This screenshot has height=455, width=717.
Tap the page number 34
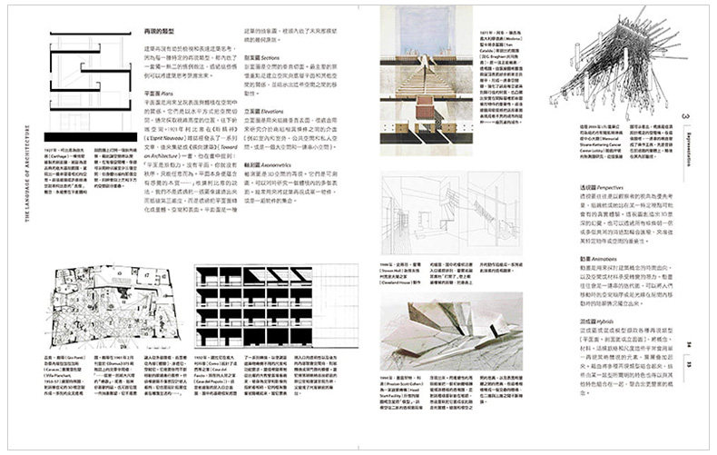(x=688, y=343)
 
